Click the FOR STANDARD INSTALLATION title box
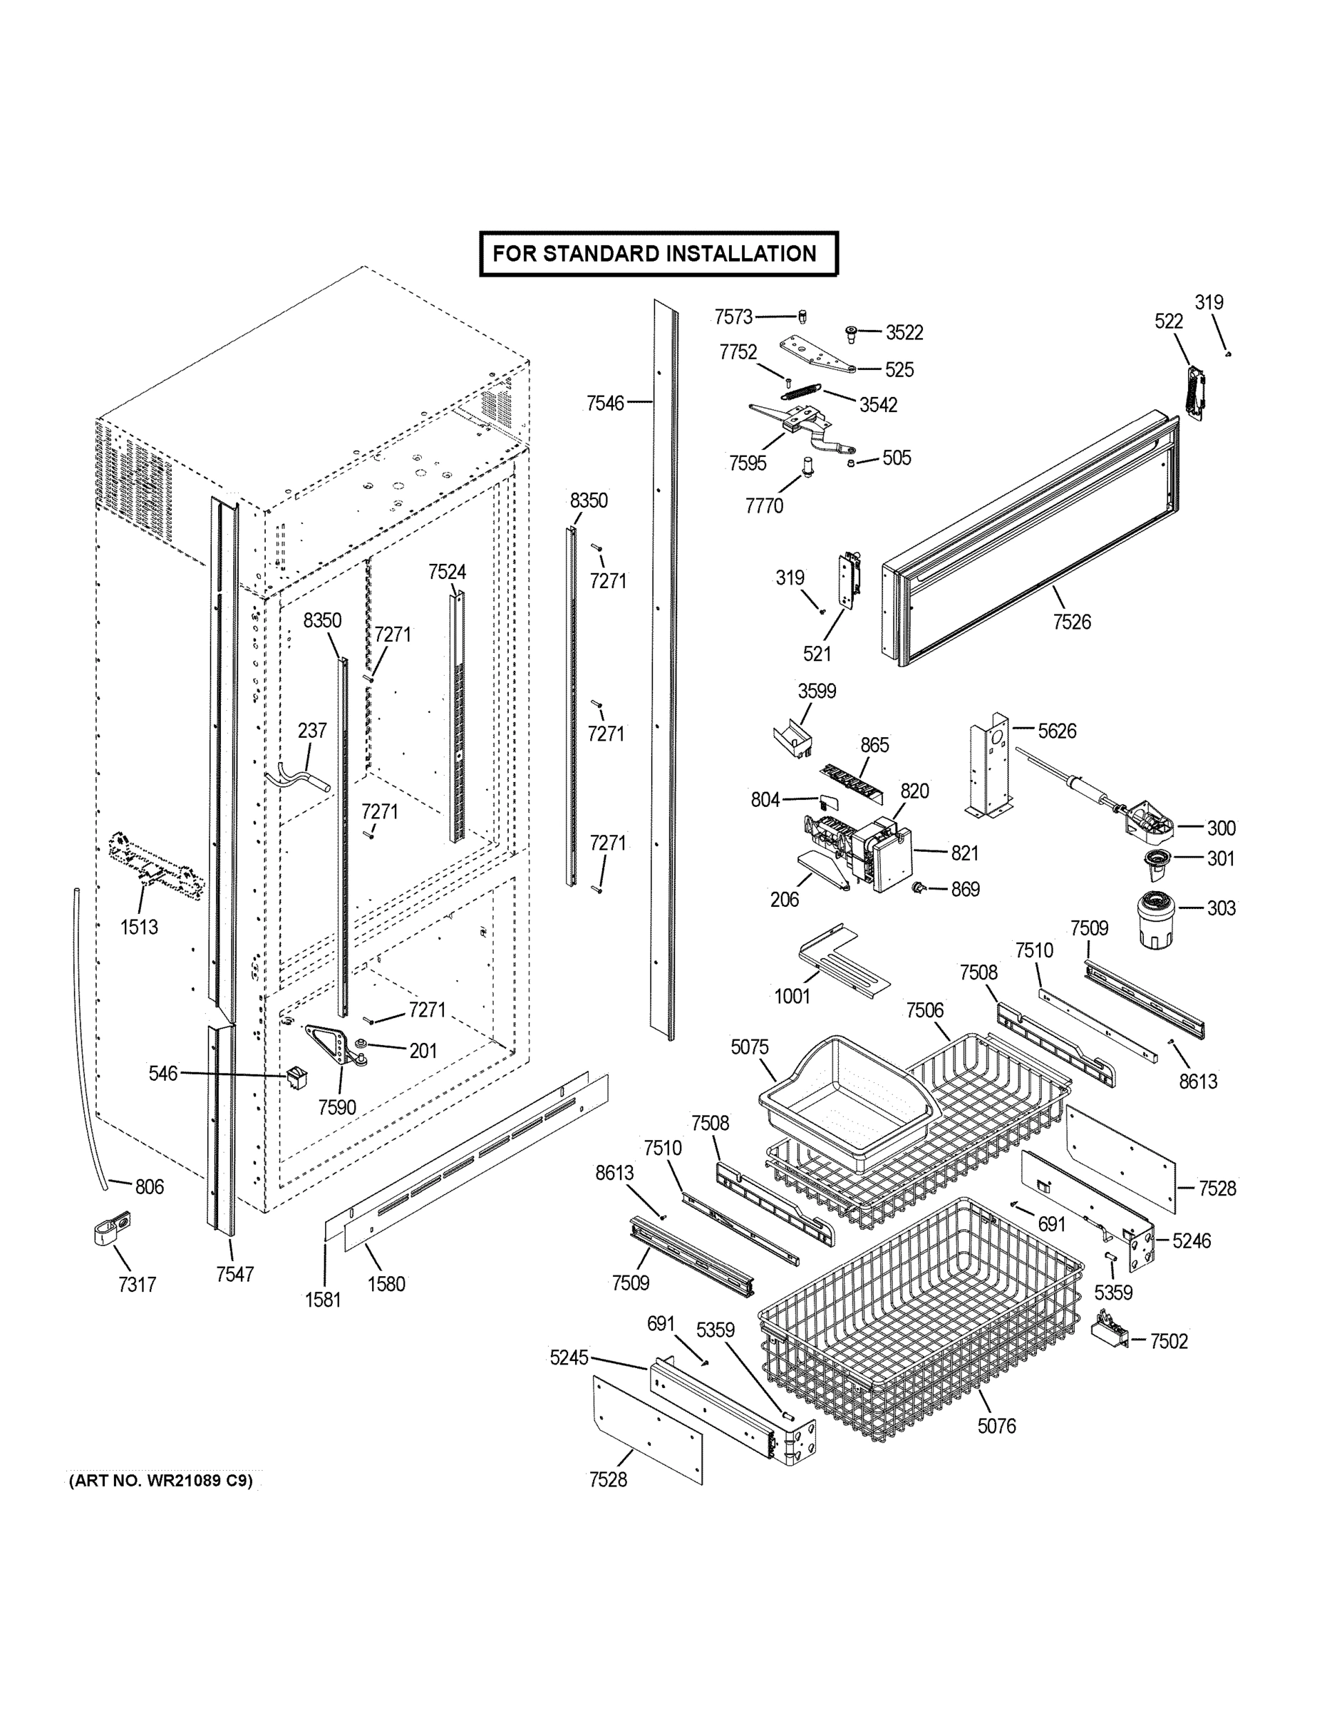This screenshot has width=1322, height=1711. point(659,254)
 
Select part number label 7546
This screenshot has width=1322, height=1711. point(605,403)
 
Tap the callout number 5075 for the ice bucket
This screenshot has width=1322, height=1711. point(750,1047)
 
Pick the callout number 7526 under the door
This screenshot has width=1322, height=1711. point(1071,622)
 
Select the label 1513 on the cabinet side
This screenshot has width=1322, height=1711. point(139,927)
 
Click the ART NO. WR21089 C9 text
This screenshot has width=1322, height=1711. point(161,1481)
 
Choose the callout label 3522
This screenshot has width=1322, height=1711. point(904,333)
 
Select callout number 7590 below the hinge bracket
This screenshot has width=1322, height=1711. point(337,1107)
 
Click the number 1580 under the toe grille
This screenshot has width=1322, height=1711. point(386,1283)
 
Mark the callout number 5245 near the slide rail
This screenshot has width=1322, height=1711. point(569,1357)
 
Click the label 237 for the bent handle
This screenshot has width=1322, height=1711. point(311,730)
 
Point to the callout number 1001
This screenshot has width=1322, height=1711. point(792,996)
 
